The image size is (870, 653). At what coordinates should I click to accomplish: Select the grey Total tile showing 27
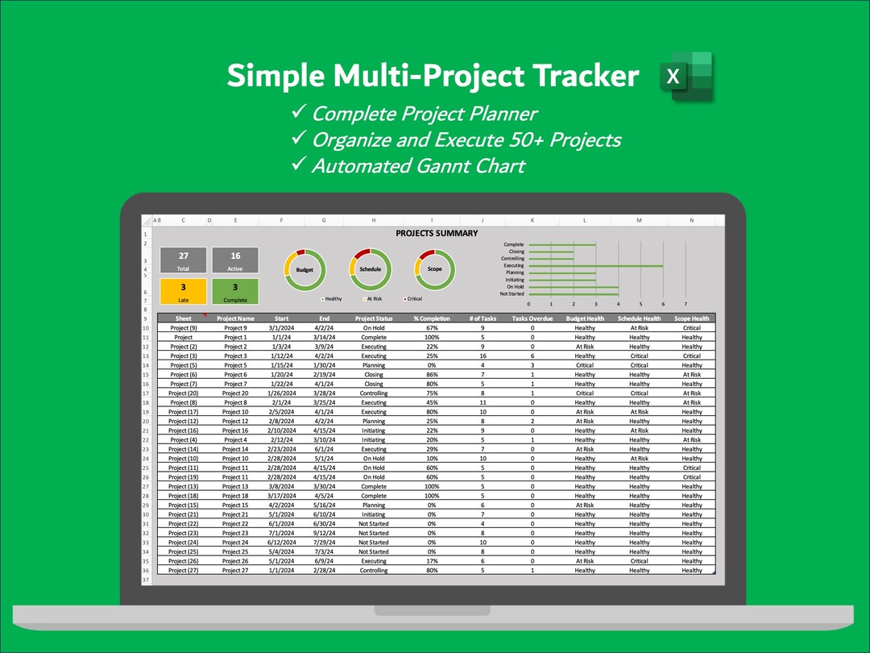(184, 260)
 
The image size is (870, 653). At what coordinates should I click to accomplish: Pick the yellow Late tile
(184, 291)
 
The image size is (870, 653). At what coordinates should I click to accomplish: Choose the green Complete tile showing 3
(235, 291)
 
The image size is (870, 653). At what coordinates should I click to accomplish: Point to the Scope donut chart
(434, 269)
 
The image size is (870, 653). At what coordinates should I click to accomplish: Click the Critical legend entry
(413, 299)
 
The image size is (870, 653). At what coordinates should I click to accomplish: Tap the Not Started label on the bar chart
(512, 294)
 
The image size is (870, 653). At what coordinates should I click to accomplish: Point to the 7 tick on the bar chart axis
(686, 304)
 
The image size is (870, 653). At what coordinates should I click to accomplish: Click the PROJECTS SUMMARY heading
(437, 234)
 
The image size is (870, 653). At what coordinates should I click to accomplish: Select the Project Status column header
(374, 318)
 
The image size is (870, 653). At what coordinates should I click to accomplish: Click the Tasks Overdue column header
(532, 318)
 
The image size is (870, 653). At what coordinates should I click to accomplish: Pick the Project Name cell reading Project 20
(235, 393)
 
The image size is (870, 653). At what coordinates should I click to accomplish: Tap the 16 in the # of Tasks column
(483, 356)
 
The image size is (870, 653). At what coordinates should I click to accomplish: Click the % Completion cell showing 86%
(432, 375)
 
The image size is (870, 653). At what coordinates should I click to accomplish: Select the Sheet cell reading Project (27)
(183, 570)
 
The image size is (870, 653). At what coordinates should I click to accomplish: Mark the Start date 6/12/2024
(281, 543)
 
